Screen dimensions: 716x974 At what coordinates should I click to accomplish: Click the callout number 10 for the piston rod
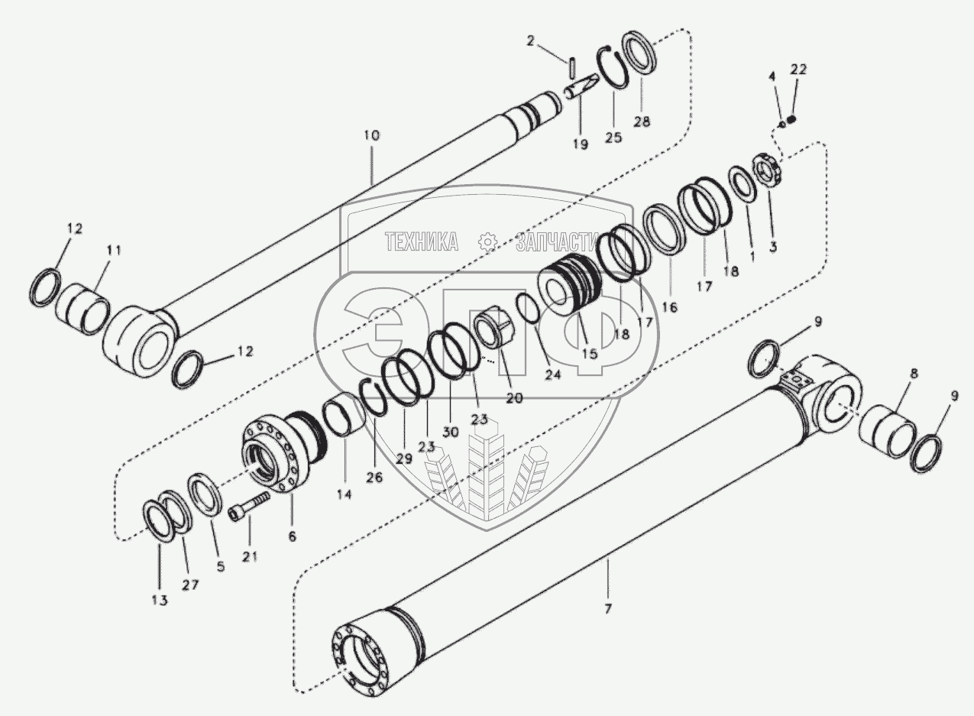(371, 135)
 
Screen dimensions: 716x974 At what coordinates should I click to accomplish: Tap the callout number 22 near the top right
(798, 70)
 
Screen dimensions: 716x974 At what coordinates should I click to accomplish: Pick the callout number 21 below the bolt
(251, 557)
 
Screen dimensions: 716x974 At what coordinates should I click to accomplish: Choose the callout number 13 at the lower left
(159, 601)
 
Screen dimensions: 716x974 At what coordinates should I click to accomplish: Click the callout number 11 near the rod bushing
(112, 250)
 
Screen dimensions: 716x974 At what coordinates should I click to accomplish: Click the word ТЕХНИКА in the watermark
(422, 243)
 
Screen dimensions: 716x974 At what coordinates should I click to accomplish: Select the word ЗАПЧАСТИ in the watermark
(555, 243)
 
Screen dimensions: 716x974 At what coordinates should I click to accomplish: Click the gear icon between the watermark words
(487, 243)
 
